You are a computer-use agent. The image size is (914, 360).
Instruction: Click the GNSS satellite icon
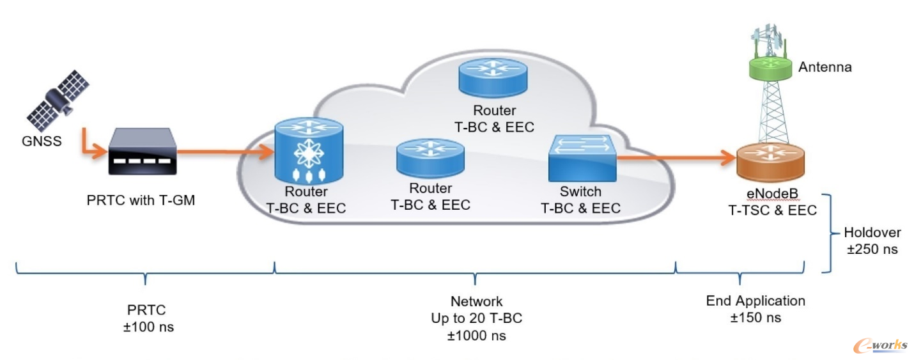point(58,99)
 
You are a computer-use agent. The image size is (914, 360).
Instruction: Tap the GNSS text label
point(41,141)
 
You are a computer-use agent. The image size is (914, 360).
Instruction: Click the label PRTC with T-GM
point(141,201)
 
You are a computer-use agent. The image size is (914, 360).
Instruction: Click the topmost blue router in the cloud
point(493,75)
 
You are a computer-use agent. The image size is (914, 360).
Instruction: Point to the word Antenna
point(825,67)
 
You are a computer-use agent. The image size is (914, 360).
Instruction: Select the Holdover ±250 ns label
point(872,240)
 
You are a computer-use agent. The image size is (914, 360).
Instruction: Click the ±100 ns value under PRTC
point(146,327)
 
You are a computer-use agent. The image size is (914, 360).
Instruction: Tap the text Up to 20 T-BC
point(477,318)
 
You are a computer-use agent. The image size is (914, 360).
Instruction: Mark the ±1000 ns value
point(477,335)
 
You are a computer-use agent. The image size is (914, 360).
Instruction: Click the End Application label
point(755,301)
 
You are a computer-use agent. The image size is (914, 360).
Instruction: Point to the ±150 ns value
point(755,317)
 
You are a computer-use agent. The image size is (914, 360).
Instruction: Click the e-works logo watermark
point(879,345)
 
